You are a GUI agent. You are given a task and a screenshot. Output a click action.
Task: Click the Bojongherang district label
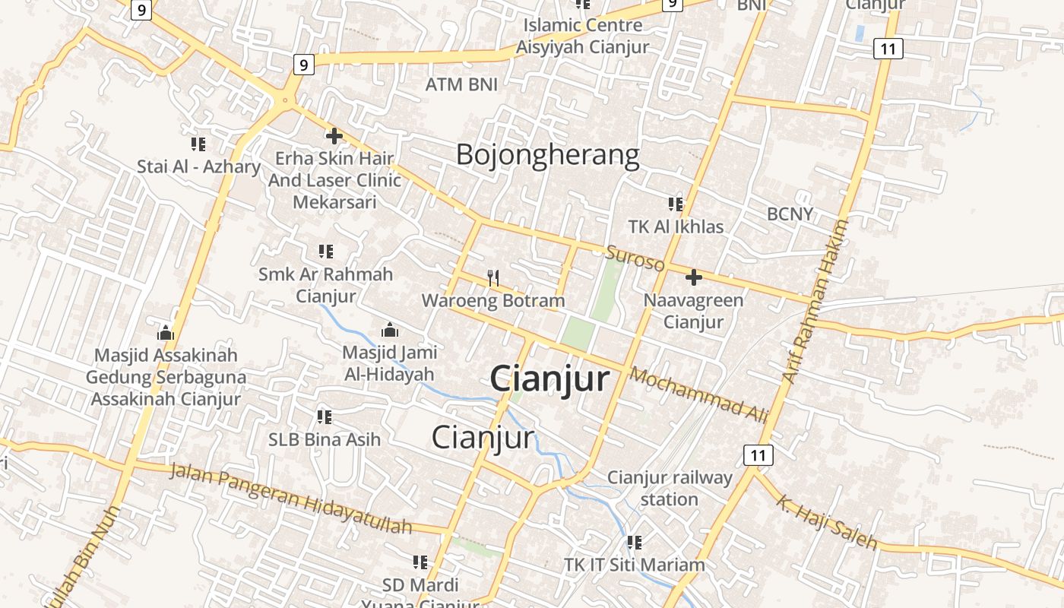point(547,155)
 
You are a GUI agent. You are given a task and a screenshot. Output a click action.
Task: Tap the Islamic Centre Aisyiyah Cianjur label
point(582,36)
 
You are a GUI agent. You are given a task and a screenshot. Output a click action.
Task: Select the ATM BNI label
point(461,84)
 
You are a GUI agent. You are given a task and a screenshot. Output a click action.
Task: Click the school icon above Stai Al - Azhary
point(198,144)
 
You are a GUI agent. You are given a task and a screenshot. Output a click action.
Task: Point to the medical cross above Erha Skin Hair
point(334,137)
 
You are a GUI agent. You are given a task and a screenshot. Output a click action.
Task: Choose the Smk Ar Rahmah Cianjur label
point(325,284)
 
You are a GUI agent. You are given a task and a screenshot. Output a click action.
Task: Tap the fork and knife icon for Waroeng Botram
point(493,278)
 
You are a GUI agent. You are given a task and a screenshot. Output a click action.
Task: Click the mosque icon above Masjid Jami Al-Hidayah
point(389,330)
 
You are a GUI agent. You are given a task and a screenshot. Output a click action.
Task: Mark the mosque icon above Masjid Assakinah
point(166,333)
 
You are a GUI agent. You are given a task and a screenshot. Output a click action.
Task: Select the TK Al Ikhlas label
point(676,226)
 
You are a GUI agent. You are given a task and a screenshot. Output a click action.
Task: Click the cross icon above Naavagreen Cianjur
point(693,277)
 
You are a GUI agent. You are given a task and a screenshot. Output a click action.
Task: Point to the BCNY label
point(790,214)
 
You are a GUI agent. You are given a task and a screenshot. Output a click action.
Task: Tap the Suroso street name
point(635,259)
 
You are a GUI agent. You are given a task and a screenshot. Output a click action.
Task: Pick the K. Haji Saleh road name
point(827,521)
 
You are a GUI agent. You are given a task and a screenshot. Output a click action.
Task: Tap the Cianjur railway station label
point(670,488)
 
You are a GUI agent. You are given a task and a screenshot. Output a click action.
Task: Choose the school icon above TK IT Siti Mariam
point(635,543)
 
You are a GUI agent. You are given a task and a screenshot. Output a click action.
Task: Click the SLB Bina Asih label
point(325,439)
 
